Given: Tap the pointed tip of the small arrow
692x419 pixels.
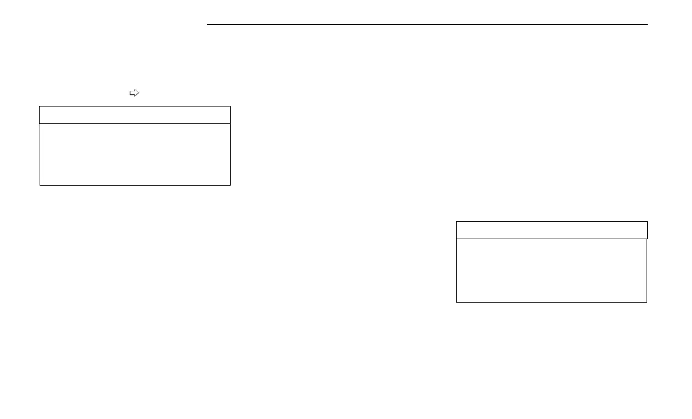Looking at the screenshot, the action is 139,93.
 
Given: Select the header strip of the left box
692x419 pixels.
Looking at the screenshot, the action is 135,115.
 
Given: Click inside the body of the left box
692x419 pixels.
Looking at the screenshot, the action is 135,154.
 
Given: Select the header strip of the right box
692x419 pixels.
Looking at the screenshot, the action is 551,230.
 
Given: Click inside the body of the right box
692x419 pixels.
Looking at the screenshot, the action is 551,270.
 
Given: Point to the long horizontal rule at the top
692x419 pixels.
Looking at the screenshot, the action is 427,24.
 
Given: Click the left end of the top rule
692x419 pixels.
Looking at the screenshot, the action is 207,24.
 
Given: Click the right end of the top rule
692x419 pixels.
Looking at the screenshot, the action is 647,24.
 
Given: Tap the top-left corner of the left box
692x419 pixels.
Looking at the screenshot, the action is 40,106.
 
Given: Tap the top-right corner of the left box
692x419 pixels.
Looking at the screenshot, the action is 230,106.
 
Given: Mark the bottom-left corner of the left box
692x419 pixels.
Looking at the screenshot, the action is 40,185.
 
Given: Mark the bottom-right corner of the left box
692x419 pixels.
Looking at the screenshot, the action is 230,185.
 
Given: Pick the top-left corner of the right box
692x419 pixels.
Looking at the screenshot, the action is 456,222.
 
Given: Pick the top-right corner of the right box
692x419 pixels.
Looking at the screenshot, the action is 647,222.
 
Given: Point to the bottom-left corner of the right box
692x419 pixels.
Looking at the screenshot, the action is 456,302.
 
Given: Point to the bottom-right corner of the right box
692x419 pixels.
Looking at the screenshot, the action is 647,302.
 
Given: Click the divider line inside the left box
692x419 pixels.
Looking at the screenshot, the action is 135,123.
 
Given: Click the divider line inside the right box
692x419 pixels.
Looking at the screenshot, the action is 551,239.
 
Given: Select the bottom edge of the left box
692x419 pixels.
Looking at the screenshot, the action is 135,185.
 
